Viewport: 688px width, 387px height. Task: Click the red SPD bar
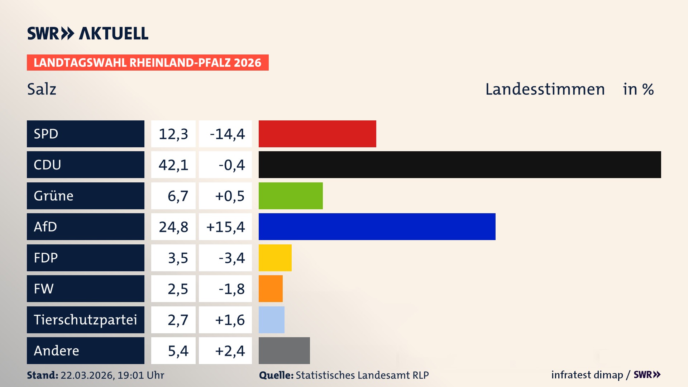click(317, 134)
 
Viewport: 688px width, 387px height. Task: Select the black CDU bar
click(459, 165)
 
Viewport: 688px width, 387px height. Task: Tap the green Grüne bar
click(290, 196)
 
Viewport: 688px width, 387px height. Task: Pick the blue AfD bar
click(377, 226)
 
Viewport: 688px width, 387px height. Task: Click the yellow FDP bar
click(275, 258)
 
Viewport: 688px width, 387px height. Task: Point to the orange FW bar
click(271, 288)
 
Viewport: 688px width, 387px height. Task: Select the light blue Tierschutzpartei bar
click(271, 320)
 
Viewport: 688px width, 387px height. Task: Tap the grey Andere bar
click(284, 350)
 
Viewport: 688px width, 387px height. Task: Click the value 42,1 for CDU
click(173, 165)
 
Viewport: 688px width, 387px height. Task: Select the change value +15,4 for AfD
click(225, 227)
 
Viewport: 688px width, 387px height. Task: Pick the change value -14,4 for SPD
click(227, 134)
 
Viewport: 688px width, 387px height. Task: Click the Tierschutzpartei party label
click(85, 320)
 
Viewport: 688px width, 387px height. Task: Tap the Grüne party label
click(54, 196)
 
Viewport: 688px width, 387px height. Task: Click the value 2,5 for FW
click(178, 289)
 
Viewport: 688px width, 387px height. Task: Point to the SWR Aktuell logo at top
click(87, 33)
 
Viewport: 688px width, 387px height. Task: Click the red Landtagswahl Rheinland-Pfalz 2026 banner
click(147, 63)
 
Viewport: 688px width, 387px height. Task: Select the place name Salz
click(42, 89)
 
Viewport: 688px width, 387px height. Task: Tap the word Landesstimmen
click(545, 89)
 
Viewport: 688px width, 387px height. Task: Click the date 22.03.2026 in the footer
click(87, 375)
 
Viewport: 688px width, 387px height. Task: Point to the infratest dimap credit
click(587, 375)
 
